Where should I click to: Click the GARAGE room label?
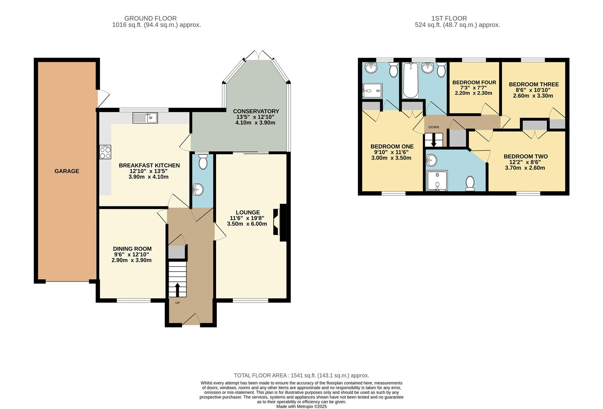coord(67,171)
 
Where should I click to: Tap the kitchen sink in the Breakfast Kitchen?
coord(145,118)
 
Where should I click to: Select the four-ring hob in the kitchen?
coord(105,152)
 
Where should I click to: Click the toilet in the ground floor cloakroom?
coord(203,162)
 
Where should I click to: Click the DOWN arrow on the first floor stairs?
coord(434,141)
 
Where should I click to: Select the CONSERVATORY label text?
coord(256,111)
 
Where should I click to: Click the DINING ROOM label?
coord(132,249)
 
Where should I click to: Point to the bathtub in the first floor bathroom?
coord(410,80)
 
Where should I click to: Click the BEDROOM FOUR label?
coord(474,83)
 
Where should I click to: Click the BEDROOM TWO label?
coord(525,156)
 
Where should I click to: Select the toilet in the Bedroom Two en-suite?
coord(470,183)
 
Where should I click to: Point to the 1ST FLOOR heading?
coord(449,18)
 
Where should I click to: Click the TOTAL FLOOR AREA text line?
coord(301,375)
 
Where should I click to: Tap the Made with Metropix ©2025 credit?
coord(301,406)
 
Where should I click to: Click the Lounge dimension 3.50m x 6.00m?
coord(247,224)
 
